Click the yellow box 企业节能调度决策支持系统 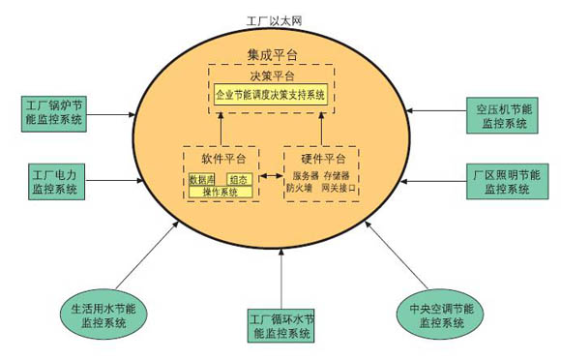point(271,95)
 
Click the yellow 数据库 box point(203,179)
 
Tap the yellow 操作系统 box point(221,192)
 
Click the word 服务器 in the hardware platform point(306,177)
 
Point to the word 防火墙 point(299,190)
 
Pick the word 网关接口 point(341,190)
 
